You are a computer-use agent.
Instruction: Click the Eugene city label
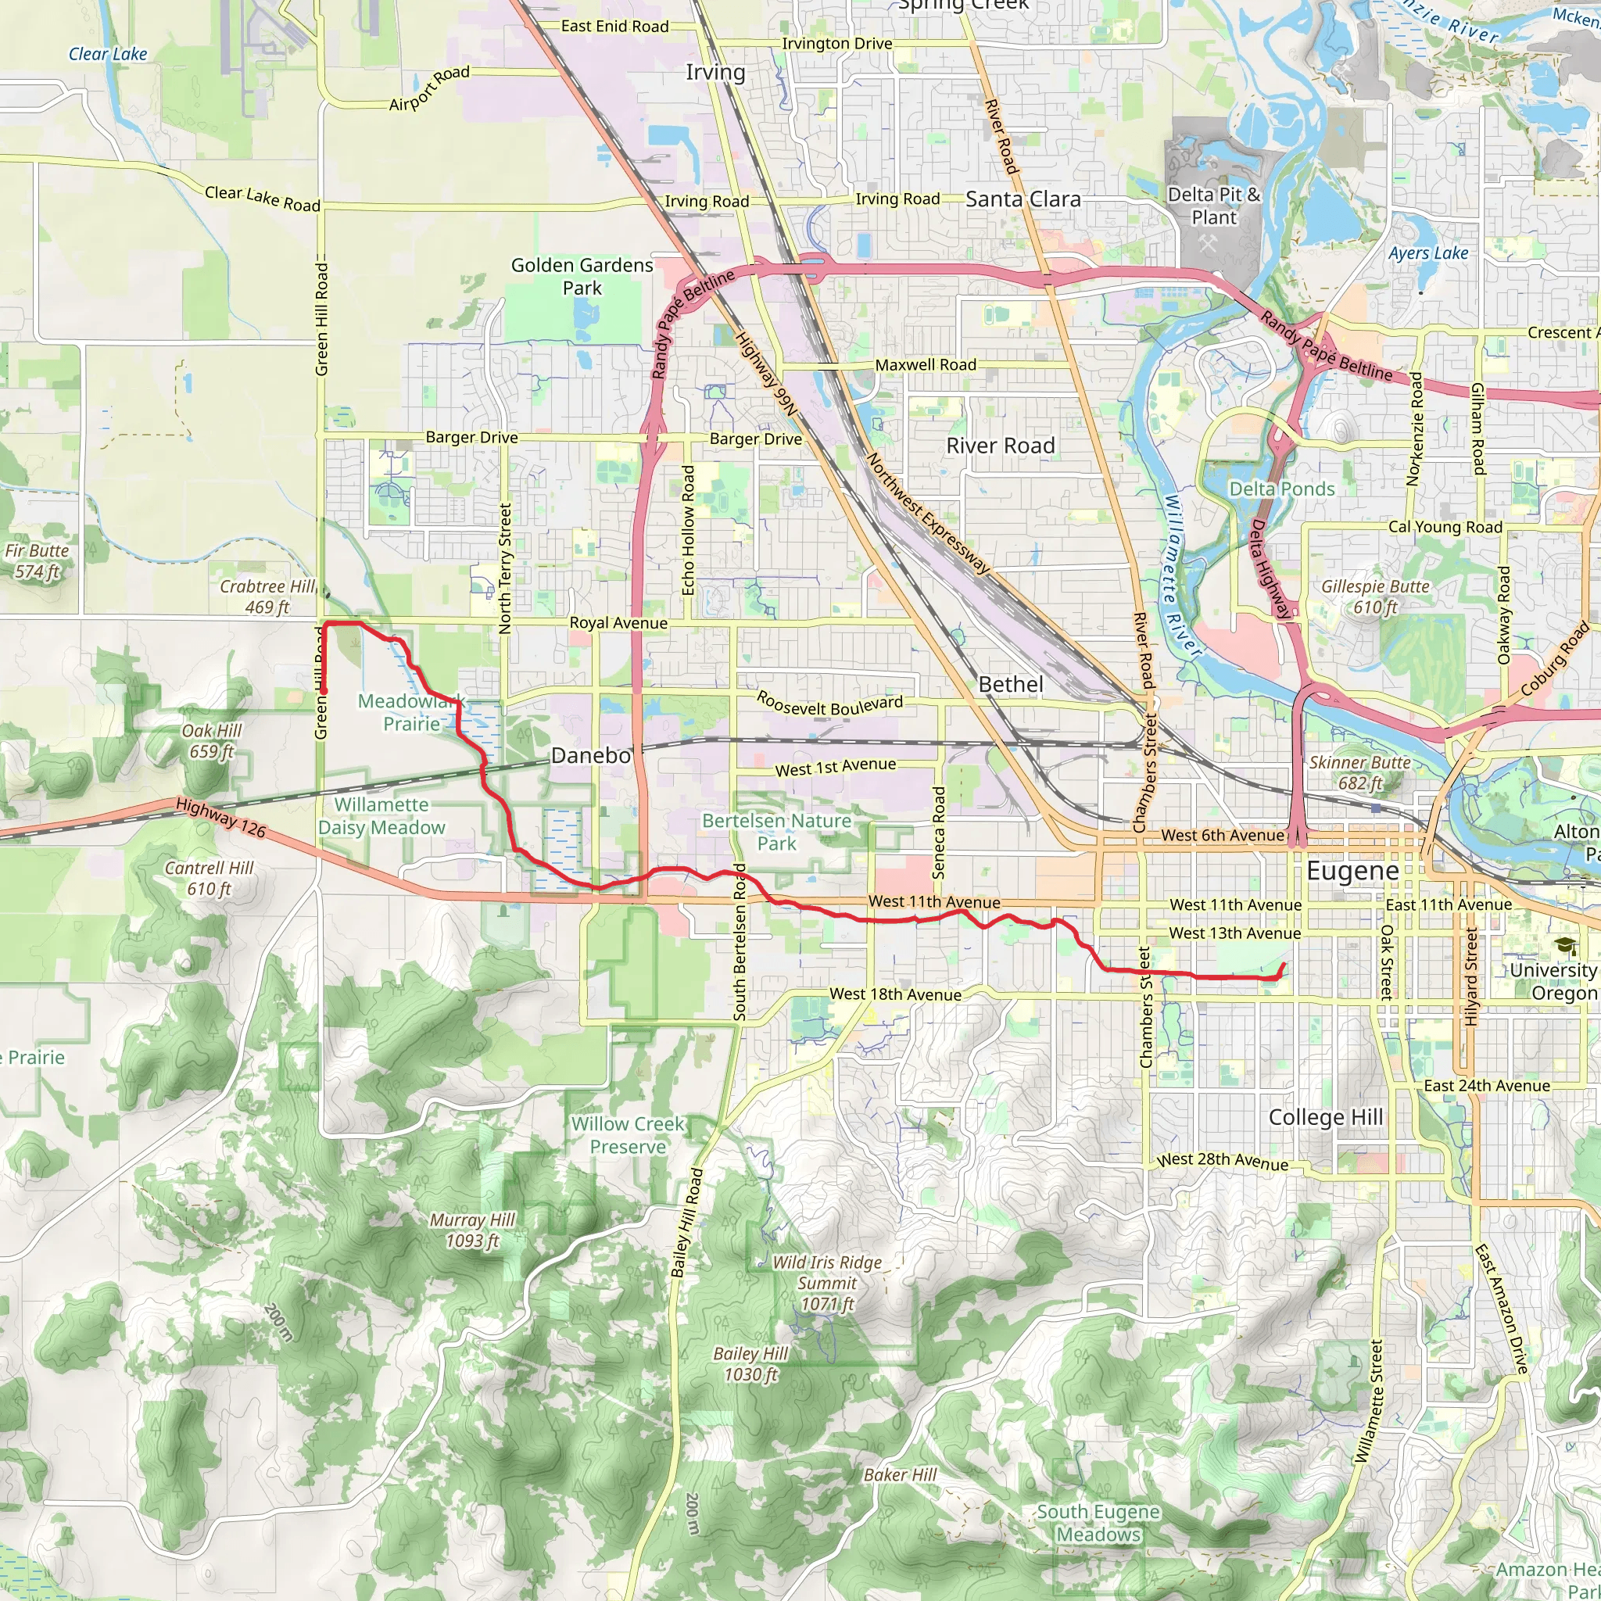pos(1352,871)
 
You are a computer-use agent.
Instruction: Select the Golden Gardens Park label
pos(582,276)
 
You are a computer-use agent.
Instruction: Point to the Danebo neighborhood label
pos(591,755)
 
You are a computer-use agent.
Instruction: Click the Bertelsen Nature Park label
pos(776,832)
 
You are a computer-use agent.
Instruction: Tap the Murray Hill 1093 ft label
pos(472,1230)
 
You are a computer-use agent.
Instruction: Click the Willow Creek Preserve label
pos(627,1135)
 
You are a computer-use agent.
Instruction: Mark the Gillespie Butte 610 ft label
pos(1376,596)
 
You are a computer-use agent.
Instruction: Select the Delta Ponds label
pos(1281,489)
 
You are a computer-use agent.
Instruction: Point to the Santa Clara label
pos(1023,199)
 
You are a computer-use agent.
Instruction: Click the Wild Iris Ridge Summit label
pos(827,1283)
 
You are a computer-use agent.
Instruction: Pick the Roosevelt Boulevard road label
pos(829,704)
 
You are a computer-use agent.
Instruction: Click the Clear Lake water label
pos(108,54)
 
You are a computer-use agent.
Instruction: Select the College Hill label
pos(1326,1117)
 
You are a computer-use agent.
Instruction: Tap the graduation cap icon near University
pos(1563,946)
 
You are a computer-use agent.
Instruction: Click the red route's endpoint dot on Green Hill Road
pos(324,690)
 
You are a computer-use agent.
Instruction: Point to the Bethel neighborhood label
pos(1010,685)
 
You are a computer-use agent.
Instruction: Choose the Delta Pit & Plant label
pos(1213,206)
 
